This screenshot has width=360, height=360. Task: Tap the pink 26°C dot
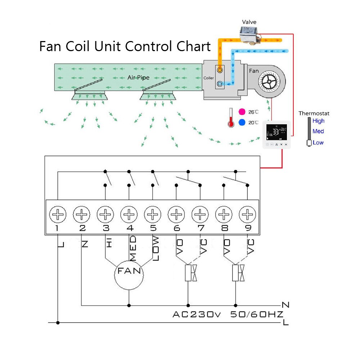click(242, 112)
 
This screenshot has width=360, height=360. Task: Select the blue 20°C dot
click(242, 123)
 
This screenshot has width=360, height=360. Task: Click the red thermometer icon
click(231, 118)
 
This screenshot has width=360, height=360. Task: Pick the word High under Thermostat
click(318, 121)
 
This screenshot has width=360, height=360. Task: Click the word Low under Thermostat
click(318, 143)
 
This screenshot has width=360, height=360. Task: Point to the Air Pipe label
click(138, 77)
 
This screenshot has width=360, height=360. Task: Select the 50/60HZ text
click(256, 314)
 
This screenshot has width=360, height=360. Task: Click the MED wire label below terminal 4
click(133, 248)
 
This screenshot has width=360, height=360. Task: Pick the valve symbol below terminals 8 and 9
click(238, 273)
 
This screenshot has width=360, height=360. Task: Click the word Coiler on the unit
click(208, 78)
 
